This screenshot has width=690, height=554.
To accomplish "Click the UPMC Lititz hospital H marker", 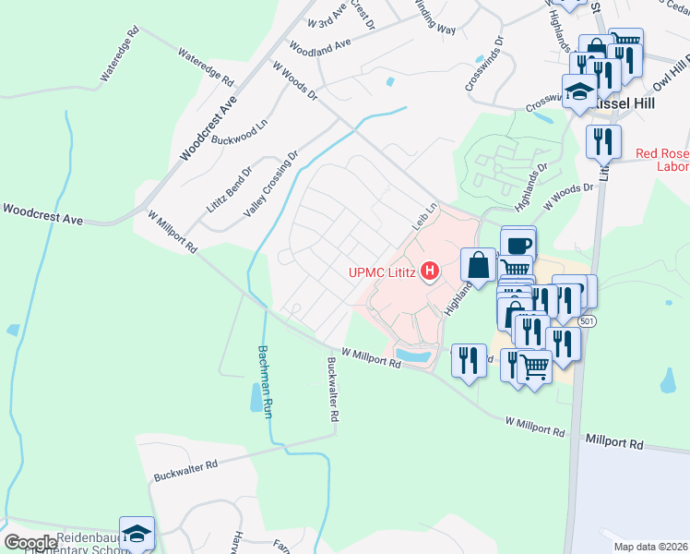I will pyautogui.click(x=429, y=271).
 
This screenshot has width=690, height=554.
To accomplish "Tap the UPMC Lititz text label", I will pyautogui.click(x=382, y=271).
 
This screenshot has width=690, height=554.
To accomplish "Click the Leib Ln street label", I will pyautogui.click(x=422, y=218).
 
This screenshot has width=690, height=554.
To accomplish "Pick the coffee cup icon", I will pyautogui.click(x=518, y=245).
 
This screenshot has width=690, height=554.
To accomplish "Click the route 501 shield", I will pyautogui.click(x=588, y=319).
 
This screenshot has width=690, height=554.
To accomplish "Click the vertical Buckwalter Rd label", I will pyautogui.click(x=333, y=391).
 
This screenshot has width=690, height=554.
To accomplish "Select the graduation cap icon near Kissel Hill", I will pyautogui.click(x=580, y=92).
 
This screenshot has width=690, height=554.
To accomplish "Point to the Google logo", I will pyautogui.click(x=30, y=543).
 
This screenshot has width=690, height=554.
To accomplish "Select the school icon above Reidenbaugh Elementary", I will pyautogui.click(x=137, y=533).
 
